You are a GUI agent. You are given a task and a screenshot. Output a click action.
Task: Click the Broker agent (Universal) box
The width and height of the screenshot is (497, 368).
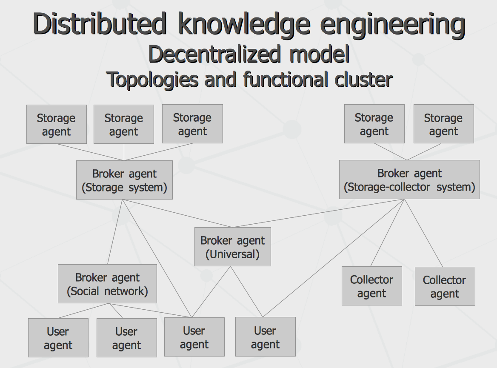[233, 247]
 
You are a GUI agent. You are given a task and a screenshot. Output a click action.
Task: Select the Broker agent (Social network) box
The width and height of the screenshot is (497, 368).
[108, 284]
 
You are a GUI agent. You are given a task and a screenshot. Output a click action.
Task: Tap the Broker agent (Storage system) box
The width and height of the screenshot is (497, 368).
[124, 180]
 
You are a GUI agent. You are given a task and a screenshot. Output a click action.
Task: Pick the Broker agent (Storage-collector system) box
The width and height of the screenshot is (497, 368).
[409, 180]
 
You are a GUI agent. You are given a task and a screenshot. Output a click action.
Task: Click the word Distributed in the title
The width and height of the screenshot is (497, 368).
[100, 24]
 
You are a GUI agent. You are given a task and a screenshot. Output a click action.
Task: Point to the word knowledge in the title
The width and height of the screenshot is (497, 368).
[244, 25]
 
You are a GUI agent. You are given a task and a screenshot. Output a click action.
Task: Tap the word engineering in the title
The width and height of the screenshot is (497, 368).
[393, 25]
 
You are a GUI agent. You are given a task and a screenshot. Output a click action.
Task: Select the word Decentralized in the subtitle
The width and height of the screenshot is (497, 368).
[214, 54]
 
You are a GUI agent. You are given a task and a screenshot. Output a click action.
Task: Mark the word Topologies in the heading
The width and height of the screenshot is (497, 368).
[152, 80]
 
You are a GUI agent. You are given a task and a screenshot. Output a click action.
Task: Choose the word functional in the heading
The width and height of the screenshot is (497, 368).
[285, 79]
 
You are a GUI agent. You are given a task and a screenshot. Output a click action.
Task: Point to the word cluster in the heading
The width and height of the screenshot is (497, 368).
[363, 79]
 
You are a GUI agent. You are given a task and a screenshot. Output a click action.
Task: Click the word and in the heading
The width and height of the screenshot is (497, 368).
[220, 79]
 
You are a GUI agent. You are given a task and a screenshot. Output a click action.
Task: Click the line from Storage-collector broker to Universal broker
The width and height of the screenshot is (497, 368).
[319, 213]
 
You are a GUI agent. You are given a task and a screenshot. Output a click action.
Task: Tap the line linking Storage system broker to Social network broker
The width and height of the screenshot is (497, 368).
[115, 232]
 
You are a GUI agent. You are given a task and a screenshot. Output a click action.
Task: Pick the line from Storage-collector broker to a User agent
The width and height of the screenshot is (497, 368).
[334, 258]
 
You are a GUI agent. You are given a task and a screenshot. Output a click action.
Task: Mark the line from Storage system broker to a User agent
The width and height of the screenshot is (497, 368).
[157, 258]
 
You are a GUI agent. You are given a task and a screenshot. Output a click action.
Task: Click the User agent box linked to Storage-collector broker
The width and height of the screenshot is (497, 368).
[265, 337]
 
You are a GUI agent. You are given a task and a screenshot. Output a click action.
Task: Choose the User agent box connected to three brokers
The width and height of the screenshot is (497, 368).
[194, 337]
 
